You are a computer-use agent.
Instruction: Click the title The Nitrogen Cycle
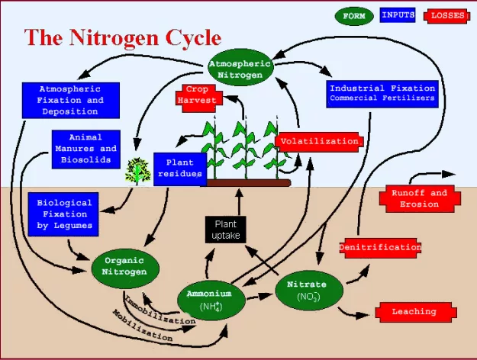coord(123,37)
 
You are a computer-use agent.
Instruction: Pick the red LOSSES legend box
coord(447,15)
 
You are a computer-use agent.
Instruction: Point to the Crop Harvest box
coord(197,95)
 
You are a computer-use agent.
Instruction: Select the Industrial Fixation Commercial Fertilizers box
coord(382,93)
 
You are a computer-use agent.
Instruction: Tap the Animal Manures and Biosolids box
coord(86,149)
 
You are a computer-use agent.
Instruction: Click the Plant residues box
coord(180,169)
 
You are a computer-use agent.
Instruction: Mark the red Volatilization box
coord(318,141)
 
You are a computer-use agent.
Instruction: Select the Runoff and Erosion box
coord(420,198)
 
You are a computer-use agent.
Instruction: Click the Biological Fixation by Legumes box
coord(64,214)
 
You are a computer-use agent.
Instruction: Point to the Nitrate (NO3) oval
coord(307,291)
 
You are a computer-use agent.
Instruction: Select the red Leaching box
coord(414,311)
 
